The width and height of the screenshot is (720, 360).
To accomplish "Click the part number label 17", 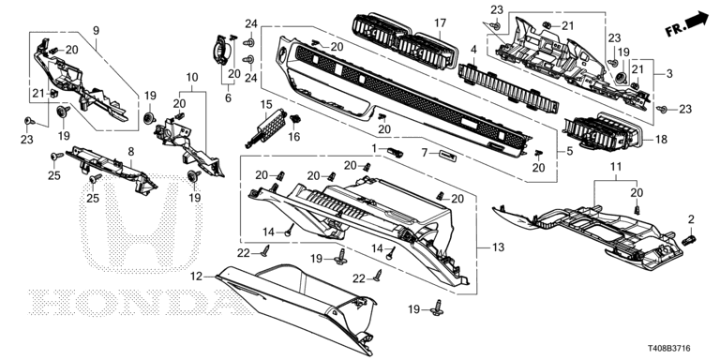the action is pos(441,22).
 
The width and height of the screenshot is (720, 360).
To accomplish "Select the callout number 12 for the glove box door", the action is pos(197,276).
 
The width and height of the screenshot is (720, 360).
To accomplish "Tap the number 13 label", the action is pos(498,247).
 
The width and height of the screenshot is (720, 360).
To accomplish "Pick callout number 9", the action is pos(96,31).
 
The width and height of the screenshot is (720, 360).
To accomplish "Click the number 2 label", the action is pos(692,219).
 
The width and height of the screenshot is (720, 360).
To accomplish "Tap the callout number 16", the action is pos(293,136).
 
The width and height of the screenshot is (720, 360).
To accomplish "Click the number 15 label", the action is pos(266,104).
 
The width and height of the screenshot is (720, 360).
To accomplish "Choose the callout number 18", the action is pos(661,139).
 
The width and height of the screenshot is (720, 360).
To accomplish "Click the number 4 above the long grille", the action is pos(473,49).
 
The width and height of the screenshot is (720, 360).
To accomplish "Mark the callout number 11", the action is pos(615,166).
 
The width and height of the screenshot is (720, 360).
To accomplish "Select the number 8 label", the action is pos(131,151).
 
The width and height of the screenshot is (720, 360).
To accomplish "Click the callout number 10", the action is pos(192,77).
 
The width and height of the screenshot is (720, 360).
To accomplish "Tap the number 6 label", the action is pos(228,97).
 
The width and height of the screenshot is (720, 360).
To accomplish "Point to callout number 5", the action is pos(569,151).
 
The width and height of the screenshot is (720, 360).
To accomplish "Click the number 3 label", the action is pos(669,73).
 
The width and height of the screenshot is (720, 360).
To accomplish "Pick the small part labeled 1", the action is pos(396,152).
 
